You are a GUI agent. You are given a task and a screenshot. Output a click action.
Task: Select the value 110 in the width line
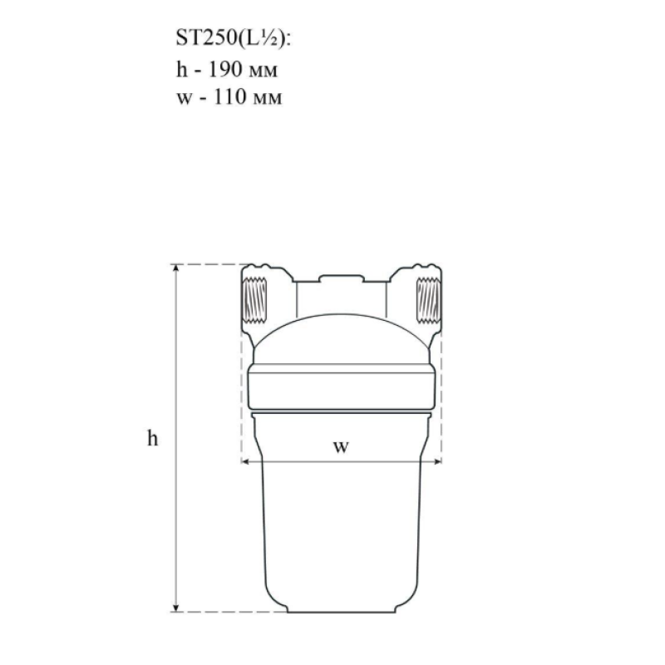coord(229,96)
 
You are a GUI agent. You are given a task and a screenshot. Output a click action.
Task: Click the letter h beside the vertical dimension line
coord(153,438)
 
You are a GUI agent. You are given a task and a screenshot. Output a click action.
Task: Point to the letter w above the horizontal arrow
coord(341,446)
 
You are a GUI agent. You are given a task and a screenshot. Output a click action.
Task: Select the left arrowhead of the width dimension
coord(245,461)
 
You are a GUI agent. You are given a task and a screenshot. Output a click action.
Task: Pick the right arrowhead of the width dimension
coord(437,461)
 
